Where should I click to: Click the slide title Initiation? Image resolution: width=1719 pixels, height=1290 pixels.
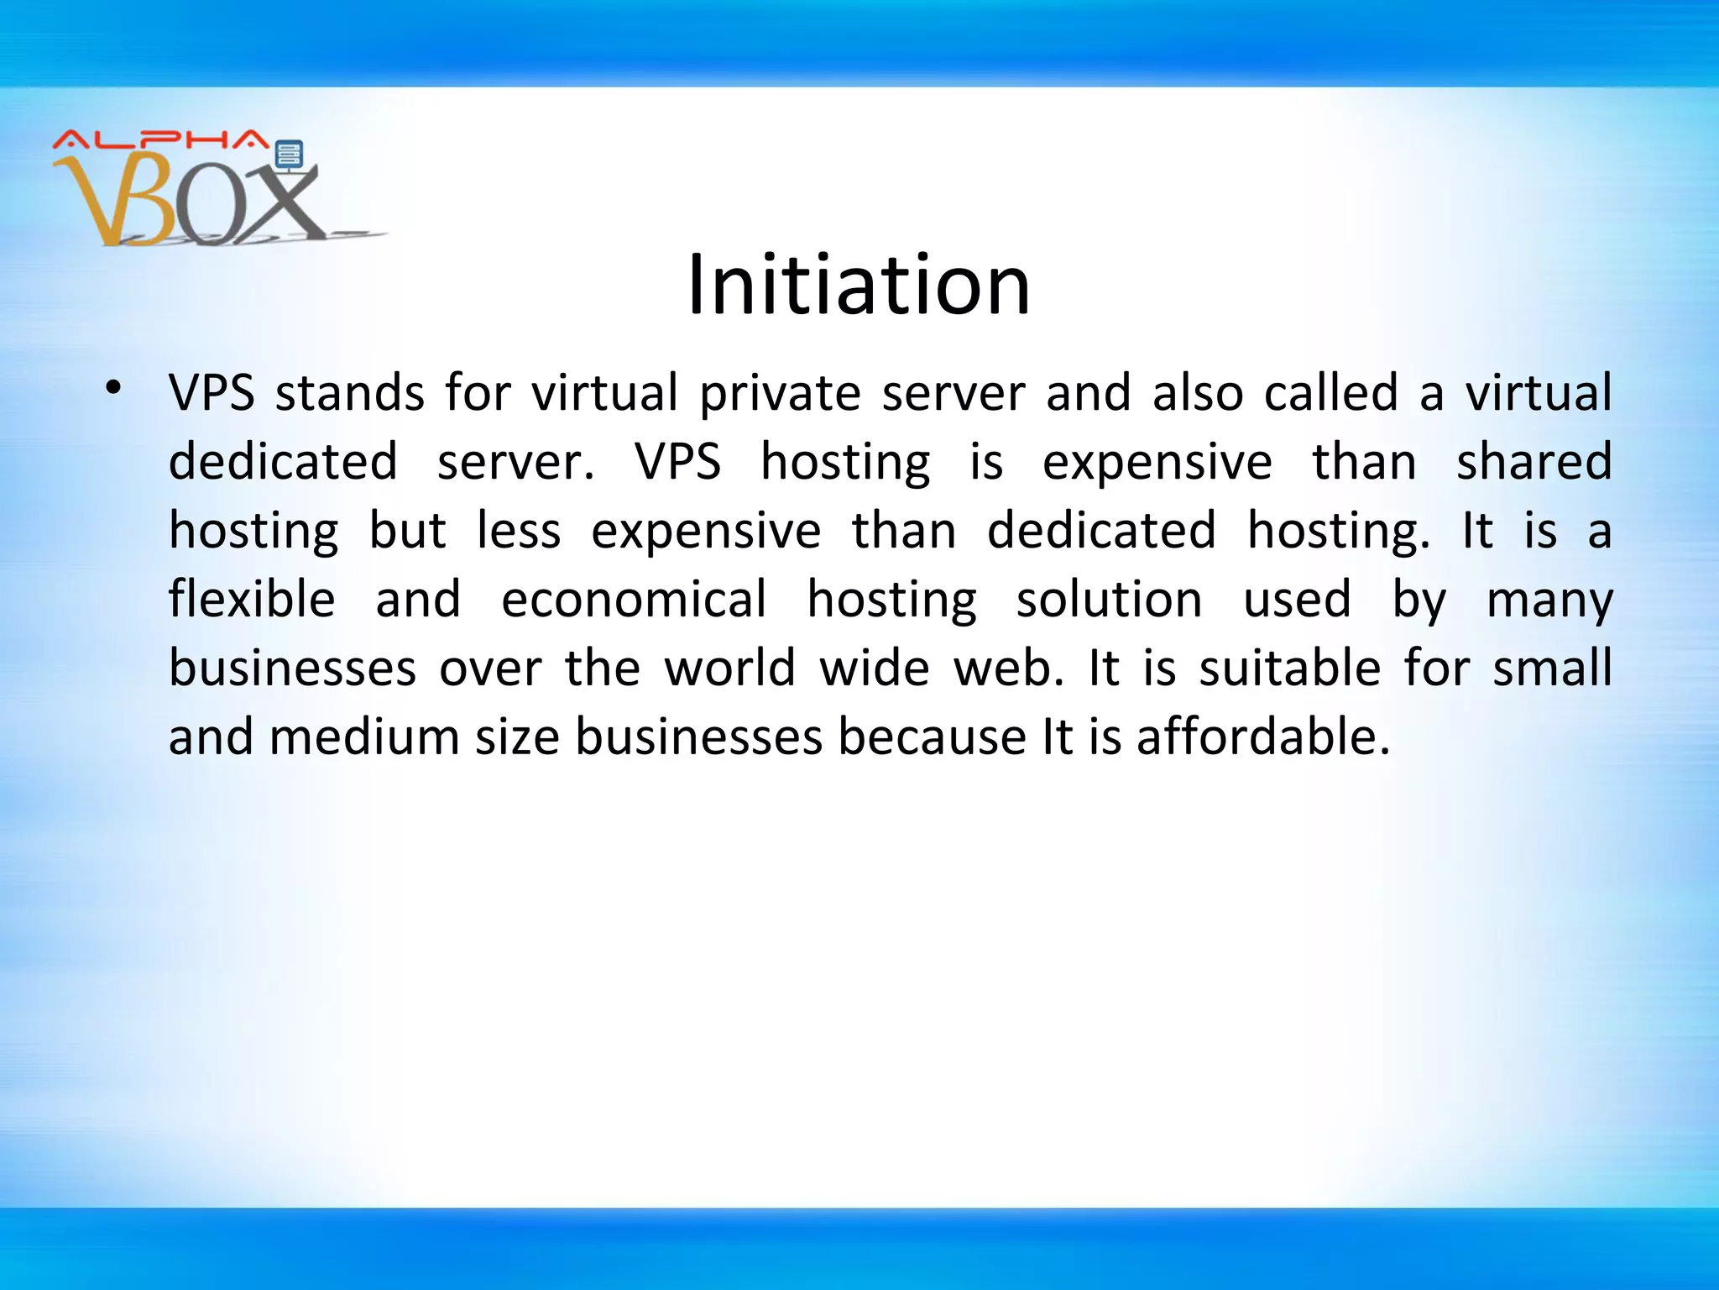pyautogui.click(x=859, y=286)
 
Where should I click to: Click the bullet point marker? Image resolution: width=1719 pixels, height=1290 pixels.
pyautogui.click(x=113, y=388)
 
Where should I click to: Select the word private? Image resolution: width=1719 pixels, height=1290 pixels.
pyautogui.click(x=780, y=394)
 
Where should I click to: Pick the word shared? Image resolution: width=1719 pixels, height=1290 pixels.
pyautogui.click(x=1534, y=461)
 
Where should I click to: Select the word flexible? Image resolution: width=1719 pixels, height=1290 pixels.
pyautogui.click(x=252, y=599)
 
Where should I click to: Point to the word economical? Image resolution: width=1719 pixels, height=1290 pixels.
pyautogui.click(x=634, y=599)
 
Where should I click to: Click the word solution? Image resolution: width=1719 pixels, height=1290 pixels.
pyautogui.click(x=1110, y=599)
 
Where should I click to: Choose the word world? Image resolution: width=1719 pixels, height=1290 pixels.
pyautogui.click(x=730, y=668)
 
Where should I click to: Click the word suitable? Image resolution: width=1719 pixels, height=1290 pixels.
pyautogui.click(x=1289, y=668)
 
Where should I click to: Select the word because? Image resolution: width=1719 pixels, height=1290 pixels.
pyautogui.click(x=932, y=737)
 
